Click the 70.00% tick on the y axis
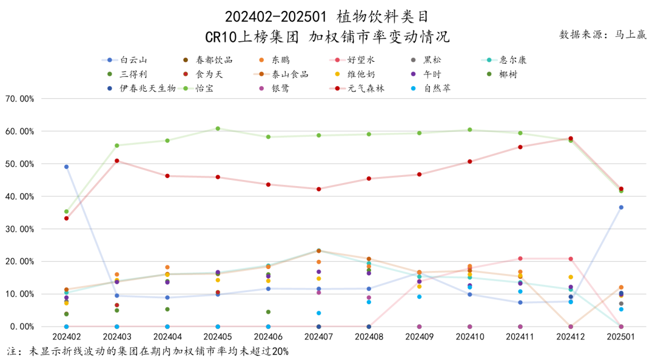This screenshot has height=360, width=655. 21,98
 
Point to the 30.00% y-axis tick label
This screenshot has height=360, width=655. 21,229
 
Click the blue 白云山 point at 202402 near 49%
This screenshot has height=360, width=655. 66,167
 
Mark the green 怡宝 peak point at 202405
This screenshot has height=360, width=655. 218,128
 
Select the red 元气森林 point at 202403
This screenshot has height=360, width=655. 116,161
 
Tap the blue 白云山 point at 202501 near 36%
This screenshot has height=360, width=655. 620,207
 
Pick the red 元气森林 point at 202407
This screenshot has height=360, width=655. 318,189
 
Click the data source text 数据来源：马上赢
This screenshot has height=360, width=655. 602,35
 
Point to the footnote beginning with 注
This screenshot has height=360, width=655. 148,352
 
